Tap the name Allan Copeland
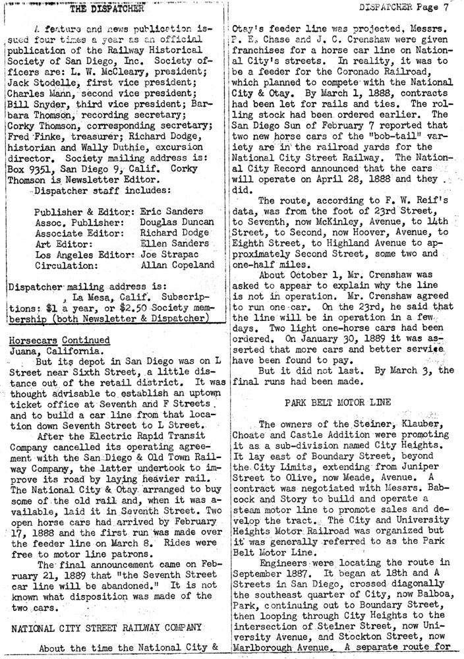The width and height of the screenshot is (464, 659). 178,265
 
